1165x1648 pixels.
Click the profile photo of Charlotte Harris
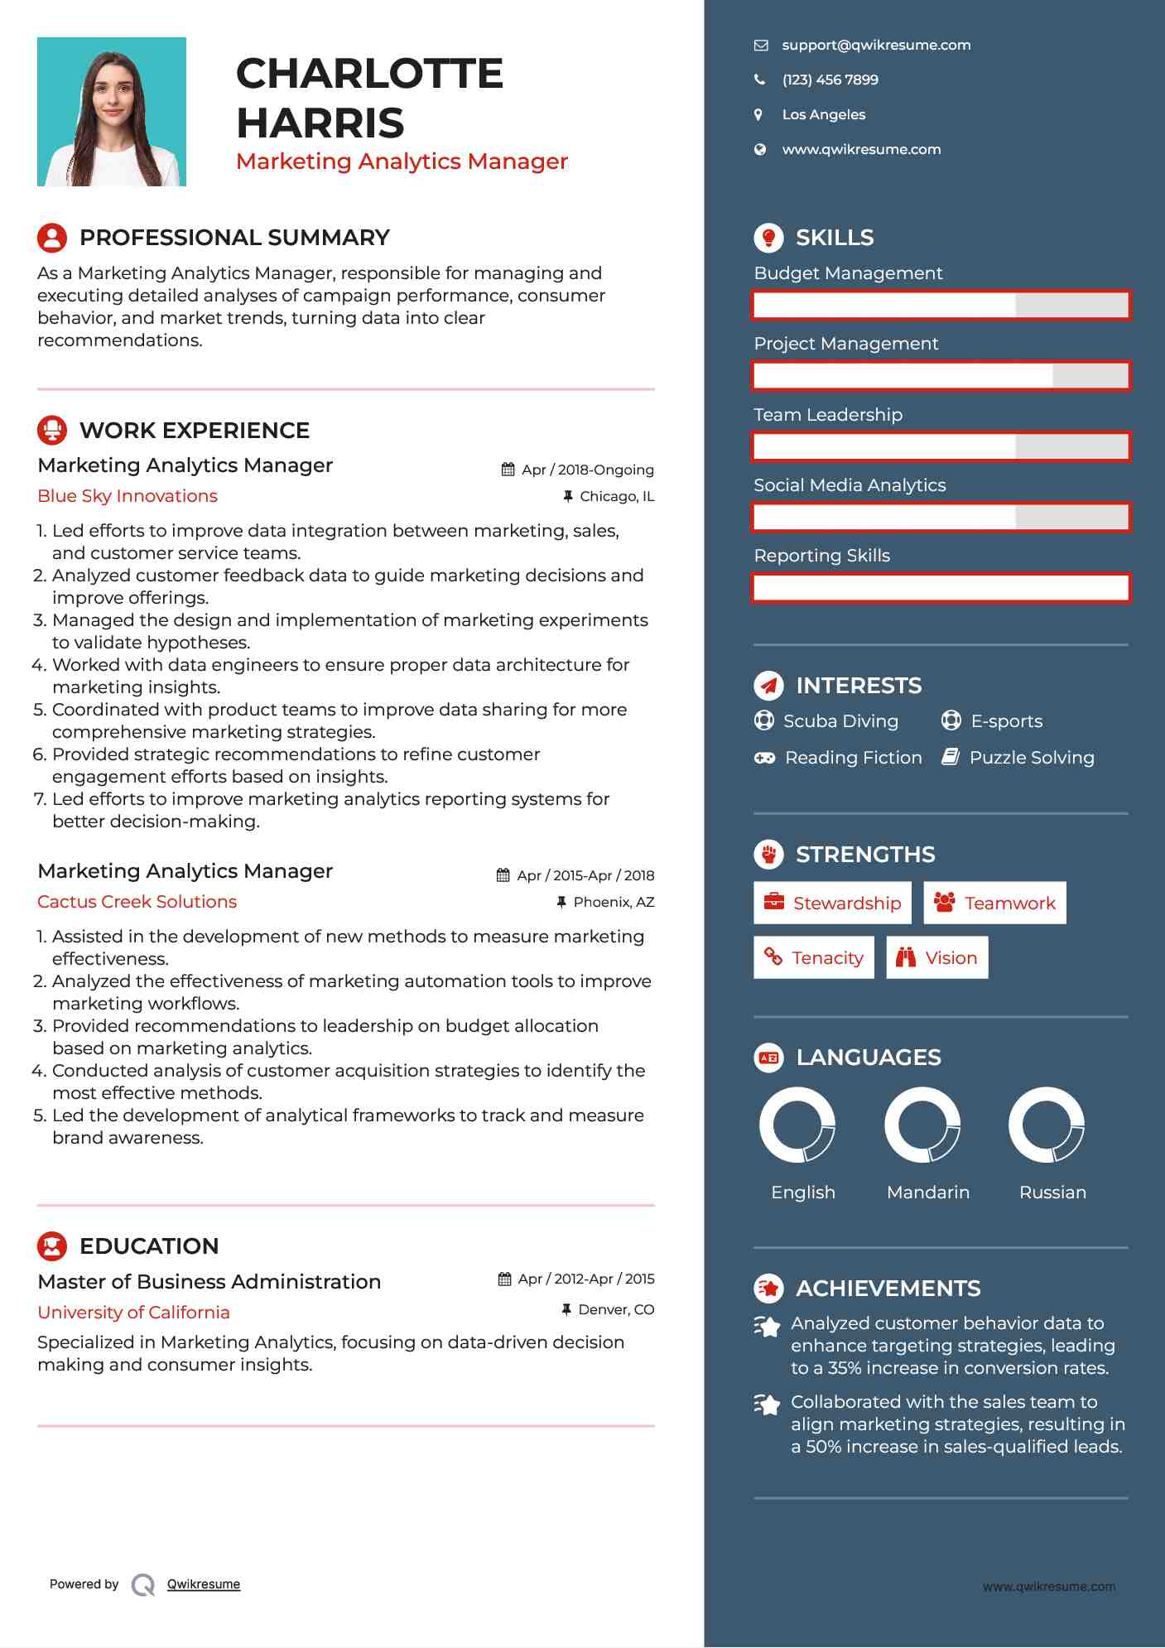pyautogui.click(x=112, y=112)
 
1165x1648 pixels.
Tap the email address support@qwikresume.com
pyautogui.click(x=875, y=46)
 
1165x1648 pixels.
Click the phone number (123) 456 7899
pyautogui.click(x=830, y=80)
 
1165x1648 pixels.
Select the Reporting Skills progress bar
pyautogui.click(x=941, y=588)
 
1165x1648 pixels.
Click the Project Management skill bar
pyautogui.click(x=941, y=376)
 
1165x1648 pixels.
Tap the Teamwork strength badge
pyautogui.click(x=994, y=904)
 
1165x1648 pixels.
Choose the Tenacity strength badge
pyautogui.click(x=814, y=958)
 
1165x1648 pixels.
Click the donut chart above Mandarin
pyautogui.click(x=922, y=1125)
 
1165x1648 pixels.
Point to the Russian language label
pyautogui.click(x=1052, y=1193)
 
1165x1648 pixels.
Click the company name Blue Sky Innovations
pyautogui.click(x=128, y=496)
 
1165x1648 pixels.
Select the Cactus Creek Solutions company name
pyautogui.click(x=137, y=902)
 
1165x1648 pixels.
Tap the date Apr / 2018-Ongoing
pyautogui.click(x=587, y=470)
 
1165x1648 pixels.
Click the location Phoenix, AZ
pyautogui.click(x=614, y=903)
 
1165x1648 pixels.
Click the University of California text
pyautogui.click(x=134, y=1313)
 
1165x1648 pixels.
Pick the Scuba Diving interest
pyautogui.click(x=840, y=721)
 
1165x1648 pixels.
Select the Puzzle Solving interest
pyautogui.click(x=1031, y=758)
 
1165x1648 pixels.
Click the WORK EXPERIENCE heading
pyautogui.click(x=195, y=431)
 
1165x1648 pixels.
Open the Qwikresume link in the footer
pyautogui.click(x=204, y=1584)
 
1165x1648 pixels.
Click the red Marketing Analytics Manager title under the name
pyautogui.click(x=402, y=161)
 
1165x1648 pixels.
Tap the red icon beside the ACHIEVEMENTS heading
pyautogui.click(x=768, y=1289)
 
